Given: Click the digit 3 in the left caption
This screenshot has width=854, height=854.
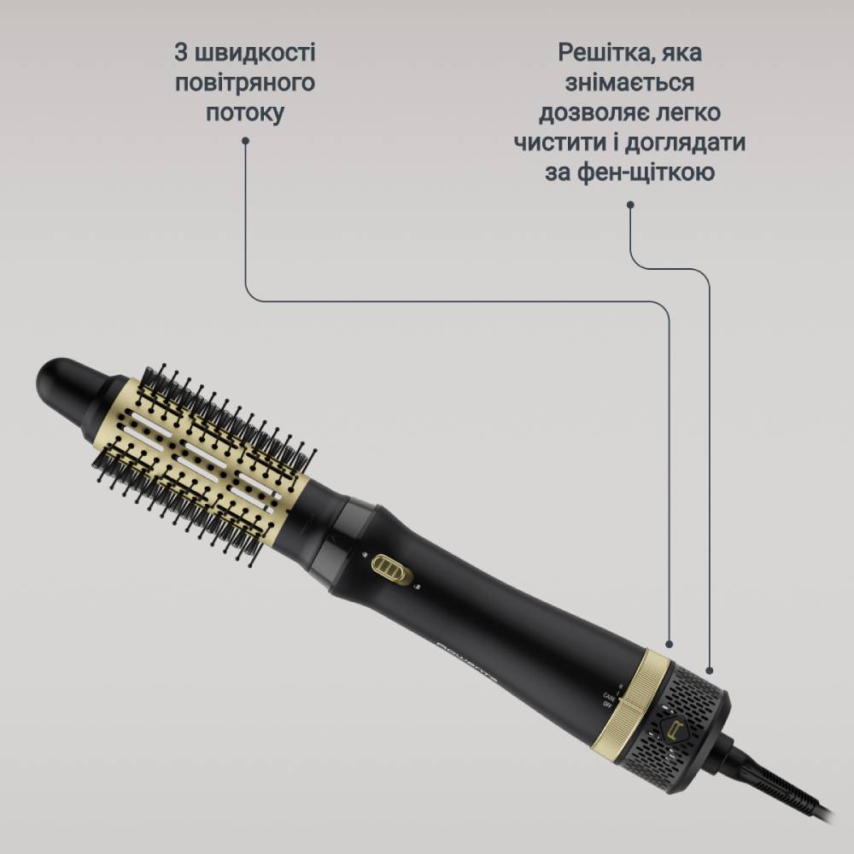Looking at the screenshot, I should click(x=181, y=53).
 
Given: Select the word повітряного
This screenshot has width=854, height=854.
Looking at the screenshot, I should click(x=245, y=83).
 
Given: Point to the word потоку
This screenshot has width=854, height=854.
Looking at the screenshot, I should click(x=245, y=113).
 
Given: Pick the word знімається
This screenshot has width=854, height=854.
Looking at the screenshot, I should click(x=629, y=83).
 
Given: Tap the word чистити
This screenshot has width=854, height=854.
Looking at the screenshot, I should click(x=556, y=143).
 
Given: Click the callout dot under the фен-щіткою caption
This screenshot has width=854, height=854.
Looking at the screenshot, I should click(x=630, y=204).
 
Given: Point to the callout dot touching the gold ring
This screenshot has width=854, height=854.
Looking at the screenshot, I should click(x=669, y=645).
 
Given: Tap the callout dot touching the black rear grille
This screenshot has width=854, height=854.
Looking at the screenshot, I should click(x=709, y=670).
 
